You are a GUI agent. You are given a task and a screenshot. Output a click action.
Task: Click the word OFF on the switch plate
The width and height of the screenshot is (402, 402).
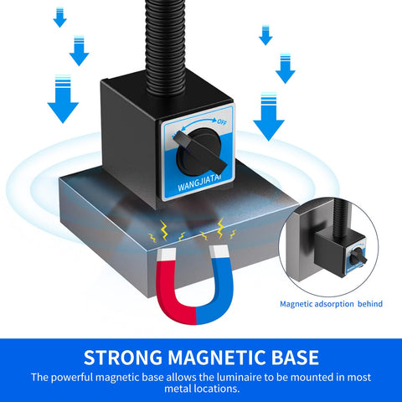222,122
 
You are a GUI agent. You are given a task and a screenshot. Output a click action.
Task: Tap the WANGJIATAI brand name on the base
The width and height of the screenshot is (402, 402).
200,183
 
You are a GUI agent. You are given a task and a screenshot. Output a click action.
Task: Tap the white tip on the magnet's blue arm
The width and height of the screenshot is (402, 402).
219,251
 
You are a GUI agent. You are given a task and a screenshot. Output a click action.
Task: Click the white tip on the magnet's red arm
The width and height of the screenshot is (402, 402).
167,255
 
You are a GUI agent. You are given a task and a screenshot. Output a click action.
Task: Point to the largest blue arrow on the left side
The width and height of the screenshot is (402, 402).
63,99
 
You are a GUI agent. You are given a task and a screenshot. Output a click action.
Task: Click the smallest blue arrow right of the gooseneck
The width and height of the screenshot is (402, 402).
265,35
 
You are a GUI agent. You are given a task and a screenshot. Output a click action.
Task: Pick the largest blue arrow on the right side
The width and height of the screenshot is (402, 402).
269,116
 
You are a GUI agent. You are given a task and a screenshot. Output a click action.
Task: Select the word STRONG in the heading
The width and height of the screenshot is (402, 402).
123,358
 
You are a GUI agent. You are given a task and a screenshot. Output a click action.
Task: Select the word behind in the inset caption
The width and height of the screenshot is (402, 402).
370,304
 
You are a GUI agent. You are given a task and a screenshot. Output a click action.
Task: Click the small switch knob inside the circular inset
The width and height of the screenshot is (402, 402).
358,257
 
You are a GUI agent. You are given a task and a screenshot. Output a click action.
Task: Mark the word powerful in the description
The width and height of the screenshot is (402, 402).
72,378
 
